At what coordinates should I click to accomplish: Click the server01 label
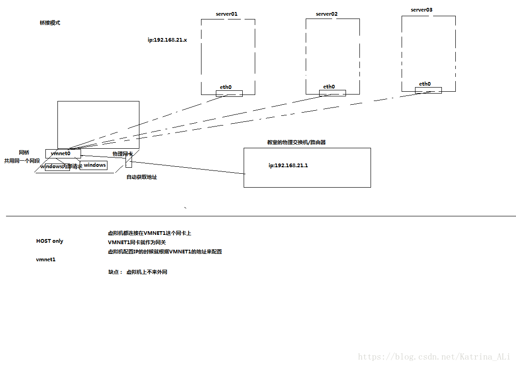click(x=227, y=14)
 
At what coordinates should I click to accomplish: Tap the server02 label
click(x=327, y=14)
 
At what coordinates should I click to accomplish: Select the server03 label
click(x=422, y=10)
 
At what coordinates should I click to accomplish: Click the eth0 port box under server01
click(x=229, y=94)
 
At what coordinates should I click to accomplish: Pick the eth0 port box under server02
click(x=332, y=93)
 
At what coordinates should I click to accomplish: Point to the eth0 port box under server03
click(x=428, y=90)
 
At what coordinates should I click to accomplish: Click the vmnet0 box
click(x=63, y=153)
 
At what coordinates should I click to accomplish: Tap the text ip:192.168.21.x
click(x=167, y=40)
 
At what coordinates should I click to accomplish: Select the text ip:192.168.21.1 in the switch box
click(x=288, y=165)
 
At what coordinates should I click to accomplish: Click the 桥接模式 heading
click(x=50, y=23)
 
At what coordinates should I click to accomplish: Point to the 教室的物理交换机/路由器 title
click(x=296, y=142)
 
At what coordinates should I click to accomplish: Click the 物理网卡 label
click(x=122, y=154)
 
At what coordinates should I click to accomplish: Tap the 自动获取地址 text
click(x=142, y=177)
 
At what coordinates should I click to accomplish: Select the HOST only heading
click(x=50, y=241)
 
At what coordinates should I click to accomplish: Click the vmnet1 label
click(x=46, y=259)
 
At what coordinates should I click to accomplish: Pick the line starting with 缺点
click(x=137, y=272)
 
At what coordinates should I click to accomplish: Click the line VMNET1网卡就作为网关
click(x=137, y=242)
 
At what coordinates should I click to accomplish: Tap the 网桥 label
click(x=24, y=152)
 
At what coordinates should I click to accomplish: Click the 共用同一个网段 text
click(x=22, y=161)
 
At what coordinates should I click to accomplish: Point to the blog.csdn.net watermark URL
click(x=434, y=356)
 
